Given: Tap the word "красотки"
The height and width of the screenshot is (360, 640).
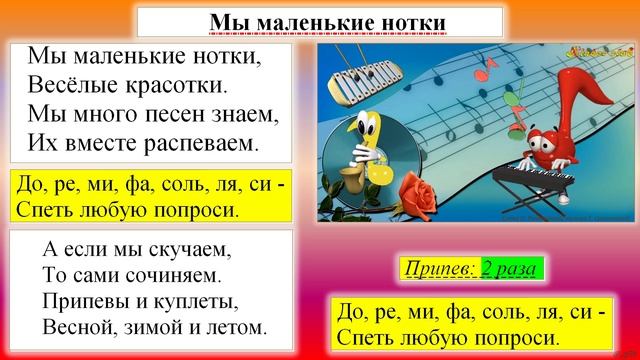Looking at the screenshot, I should (178, 83).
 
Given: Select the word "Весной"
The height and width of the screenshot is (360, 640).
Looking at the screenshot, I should (78, 326).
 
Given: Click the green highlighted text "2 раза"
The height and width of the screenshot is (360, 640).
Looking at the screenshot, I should (512, 269).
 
